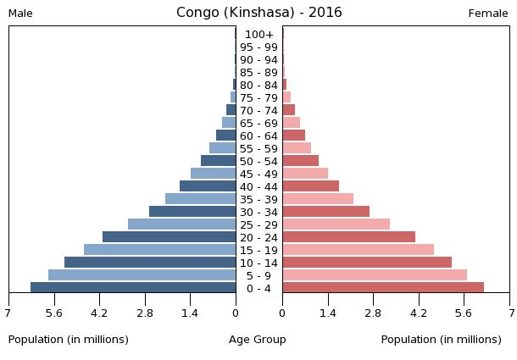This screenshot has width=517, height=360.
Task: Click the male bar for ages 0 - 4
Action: [x=133, y=288]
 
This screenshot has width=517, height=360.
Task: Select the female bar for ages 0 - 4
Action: [x=383, y=288]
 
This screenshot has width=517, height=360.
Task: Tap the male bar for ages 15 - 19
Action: [x=159, y=250]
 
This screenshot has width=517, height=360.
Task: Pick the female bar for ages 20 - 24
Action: [x=348, y=237]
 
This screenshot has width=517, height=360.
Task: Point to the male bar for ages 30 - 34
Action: [x=192, y=212]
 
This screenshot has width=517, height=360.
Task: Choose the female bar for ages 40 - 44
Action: [x=310, y=186]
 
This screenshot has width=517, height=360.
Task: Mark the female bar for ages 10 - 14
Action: [x=367, y=263]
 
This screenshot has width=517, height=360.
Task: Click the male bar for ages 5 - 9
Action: [x=142, y=275]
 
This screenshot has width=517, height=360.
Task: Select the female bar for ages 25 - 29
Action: [x=336, y=224]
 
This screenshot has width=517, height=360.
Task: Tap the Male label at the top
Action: [x=20, y=14]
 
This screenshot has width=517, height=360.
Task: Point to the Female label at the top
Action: [x=488, y=14]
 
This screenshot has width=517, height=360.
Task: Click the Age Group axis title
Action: [x=258, y=340]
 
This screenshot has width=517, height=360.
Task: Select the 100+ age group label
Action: [x=258, y=35]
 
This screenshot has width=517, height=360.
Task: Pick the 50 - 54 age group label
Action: [x=258, y=162]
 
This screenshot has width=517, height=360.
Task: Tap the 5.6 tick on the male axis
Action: [x=54, y=313]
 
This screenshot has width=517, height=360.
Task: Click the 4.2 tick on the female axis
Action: [x=419, y=313]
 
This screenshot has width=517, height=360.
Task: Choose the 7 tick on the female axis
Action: [x=510, y=313]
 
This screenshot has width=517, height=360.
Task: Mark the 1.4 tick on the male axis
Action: [x=190, y=313]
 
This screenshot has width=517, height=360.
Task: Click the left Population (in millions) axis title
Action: [x=69, y=340]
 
